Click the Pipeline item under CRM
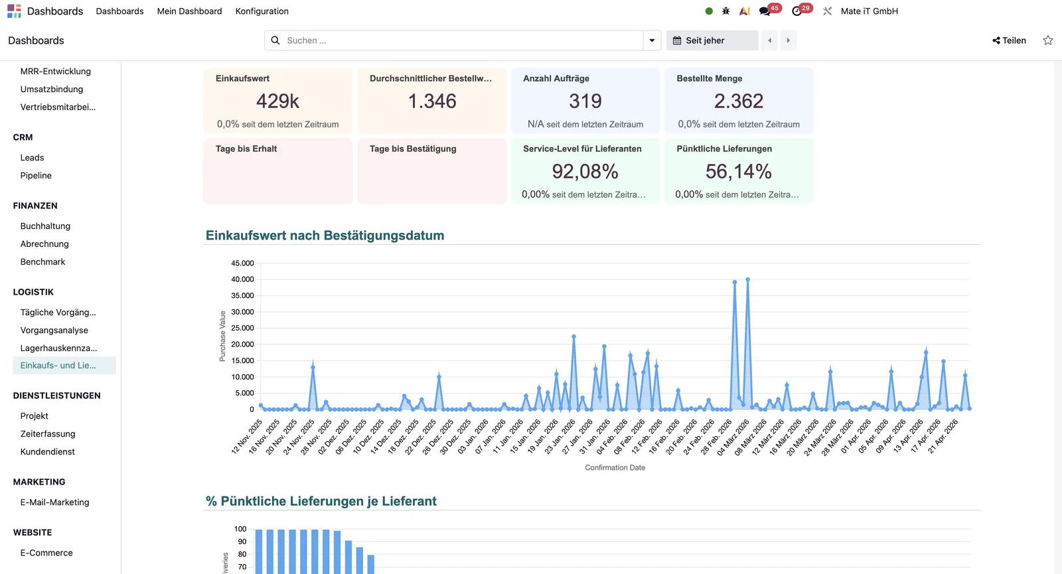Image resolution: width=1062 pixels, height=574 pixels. [36, 176]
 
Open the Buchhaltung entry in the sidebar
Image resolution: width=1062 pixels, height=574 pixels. [45, 226]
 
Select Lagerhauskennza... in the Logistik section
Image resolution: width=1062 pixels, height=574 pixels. [58, 348]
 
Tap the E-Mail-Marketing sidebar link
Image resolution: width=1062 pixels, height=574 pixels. [54, 502]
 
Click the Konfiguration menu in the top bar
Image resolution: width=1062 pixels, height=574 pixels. [262, 11]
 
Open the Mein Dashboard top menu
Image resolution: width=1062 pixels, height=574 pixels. [189, 11]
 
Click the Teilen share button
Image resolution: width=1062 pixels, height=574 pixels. [1009, 40]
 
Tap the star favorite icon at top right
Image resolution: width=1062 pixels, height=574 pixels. [1048, 40]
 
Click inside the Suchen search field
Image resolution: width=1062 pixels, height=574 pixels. [458, 40]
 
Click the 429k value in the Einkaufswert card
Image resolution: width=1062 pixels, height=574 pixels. [277, 101]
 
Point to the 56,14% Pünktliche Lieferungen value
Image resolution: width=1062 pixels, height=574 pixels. [738, 172]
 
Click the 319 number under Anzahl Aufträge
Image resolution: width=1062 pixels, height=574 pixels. [585, 101]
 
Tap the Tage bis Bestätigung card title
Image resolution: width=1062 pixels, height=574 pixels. [413, 149]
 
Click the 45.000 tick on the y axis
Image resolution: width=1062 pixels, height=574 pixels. [242, 263]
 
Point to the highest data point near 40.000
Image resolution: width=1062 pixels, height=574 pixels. [747, 279]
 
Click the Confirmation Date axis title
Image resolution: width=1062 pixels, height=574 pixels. [615, 468]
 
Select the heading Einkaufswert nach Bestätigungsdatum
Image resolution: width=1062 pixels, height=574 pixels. [325, 236]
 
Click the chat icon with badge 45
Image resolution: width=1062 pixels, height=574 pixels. [765, 11]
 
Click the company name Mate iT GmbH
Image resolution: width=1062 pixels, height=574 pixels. [869, 11]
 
